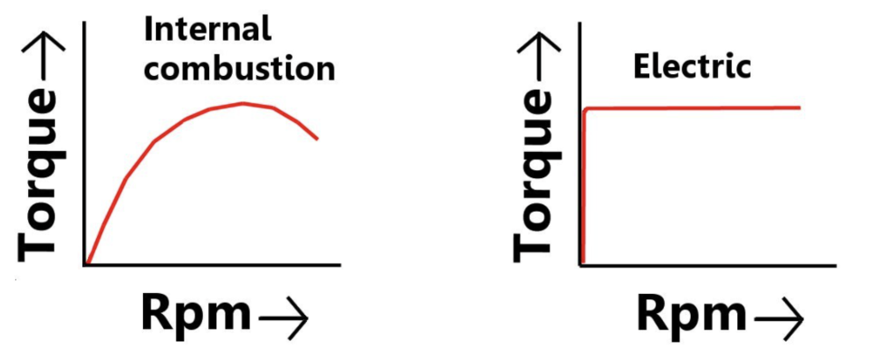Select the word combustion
(x=239, y=68)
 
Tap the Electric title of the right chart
(x=692, y=65)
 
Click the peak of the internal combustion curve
(x=243, y=103)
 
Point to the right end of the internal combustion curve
(x=317, y=139)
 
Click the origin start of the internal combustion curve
(x=86, y=263)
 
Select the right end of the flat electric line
(x=799, y=108)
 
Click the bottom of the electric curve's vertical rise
(x=583, y=263)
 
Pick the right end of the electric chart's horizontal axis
(x=835, y=265)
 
